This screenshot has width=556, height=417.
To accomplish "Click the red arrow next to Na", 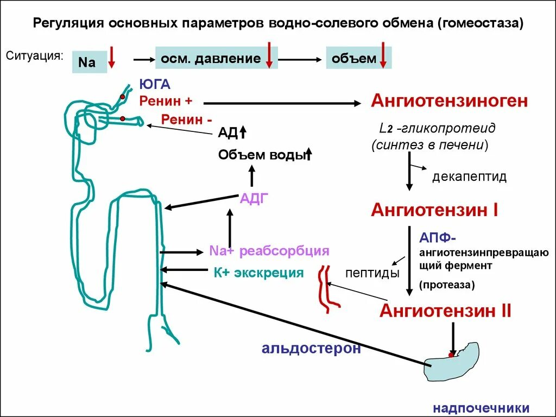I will (111, 58).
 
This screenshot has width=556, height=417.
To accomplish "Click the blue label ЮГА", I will (155, 84).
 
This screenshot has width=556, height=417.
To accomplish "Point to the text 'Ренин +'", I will (166, 100).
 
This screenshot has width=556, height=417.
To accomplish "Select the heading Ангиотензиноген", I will (450, 100).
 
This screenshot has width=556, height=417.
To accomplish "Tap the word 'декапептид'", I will (469, 176).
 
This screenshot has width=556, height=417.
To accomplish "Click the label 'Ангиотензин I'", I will (434, 210).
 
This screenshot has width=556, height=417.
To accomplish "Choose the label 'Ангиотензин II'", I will (445, 311).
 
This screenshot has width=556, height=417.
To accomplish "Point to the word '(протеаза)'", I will (446, 285).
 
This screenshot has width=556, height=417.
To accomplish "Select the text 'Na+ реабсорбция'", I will (269, 251).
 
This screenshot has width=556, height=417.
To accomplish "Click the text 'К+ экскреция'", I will (258, 273).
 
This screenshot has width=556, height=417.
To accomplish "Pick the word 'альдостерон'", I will (311, 348).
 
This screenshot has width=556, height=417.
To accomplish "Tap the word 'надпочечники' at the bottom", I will (481, 408).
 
